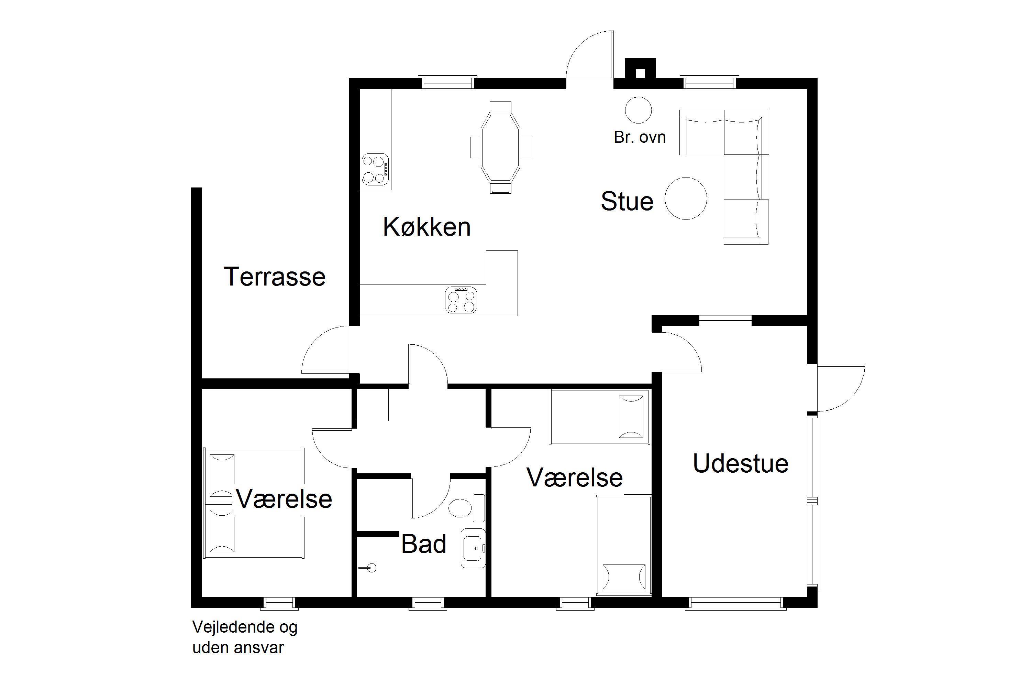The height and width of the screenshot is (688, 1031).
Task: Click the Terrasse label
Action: (275, 277)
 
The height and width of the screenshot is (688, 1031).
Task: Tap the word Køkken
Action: (427, 226)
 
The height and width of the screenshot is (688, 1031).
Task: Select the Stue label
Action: (627, 201)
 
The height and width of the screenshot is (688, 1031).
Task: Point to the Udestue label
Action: (741, 463)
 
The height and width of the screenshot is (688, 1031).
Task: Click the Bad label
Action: (423, 544)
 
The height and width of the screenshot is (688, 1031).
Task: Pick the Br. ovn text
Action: (640, 137)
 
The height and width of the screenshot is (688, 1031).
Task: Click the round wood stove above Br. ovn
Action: (638, 110)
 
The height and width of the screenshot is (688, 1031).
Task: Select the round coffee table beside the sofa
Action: (686, 198)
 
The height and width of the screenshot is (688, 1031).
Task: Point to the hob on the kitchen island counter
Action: (461, 300)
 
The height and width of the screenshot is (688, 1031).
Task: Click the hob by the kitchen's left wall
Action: (376, 169)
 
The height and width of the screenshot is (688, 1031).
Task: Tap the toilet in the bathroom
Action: (466, 508)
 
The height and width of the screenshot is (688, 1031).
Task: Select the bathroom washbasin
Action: (473, 548)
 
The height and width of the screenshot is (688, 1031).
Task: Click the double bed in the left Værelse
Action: (254, 503)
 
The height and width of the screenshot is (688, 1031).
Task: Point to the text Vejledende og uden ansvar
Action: (245, 637)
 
